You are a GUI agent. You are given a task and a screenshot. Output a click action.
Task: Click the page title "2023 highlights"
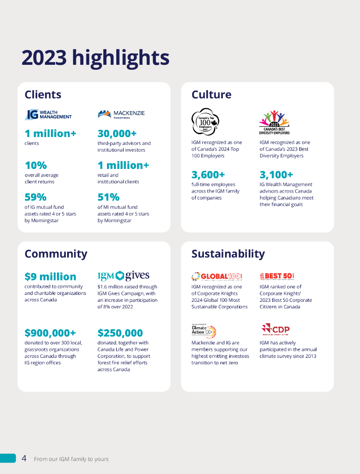pyautogui.click(x=95, y=58)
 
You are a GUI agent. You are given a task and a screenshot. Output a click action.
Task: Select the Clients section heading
pyautogui.click(x=43, y=95)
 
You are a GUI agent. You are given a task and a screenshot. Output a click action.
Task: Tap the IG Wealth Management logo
pyautogui.click(x=48, y=114)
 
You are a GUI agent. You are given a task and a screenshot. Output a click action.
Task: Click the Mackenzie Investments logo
pyautogui.click(x=121, y=114)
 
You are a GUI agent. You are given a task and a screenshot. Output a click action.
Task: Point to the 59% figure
pyautogui.click(x=35, y=197)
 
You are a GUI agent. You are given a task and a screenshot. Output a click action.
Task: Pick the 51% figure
pyautogui.click(x=108, y=197)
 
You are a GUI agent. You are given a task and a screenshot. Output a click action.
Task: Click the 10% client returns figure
pyautogui.click(x=35, y=165)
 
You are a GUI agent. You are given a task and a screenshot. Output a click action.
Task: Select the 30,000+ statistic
pyautogui.click(x=117, y=134)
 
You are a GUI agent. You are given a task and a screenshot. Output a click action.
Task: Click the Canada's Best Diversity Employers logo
pyautogui.click(x=274, y=123)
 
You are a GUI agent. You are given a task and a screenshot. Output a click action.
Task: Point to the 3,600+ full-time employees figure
pyautogui.click(x=208, y=175)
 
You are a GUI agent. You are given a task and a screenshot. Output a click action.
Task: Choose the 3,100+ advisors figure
pyautogui.click(x=276, y=175)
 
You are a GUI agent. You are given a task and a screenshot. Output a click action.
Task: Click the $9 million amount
pyautogui.click(x=50, y=277)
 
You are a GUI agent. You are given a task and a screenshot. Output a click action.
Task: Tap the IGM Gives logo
pyautogui.click(x=123, y=276)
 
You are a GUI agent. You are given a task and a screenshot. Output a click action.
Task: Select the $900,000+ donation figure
pyautogui.click(x=50, y=333)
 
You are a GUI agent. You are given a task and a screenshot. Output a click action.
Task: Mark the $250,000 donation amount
pyautogui.click(x=120, y=333)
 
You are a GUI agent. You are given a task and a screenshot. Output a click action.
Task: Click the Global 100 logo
pyautogui.click(x=217, y=276)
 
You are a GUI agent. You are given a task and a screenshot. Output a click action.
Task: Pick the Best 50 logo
pyautogui.click(x=277, y=276)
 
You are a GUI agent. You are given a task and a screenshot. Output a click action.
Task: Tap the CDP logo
pyautogui.click(x=275, y=330)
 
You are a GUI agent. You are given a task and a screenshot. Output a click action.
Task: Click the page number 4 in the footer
pyautogui.click(x=24, y=458)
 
